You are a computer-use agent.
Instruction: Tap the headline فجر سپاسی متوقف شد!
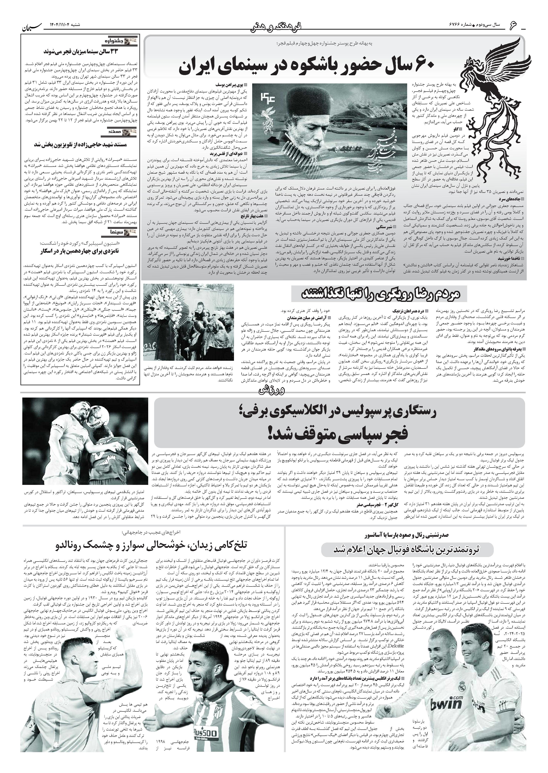[339, 433]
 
